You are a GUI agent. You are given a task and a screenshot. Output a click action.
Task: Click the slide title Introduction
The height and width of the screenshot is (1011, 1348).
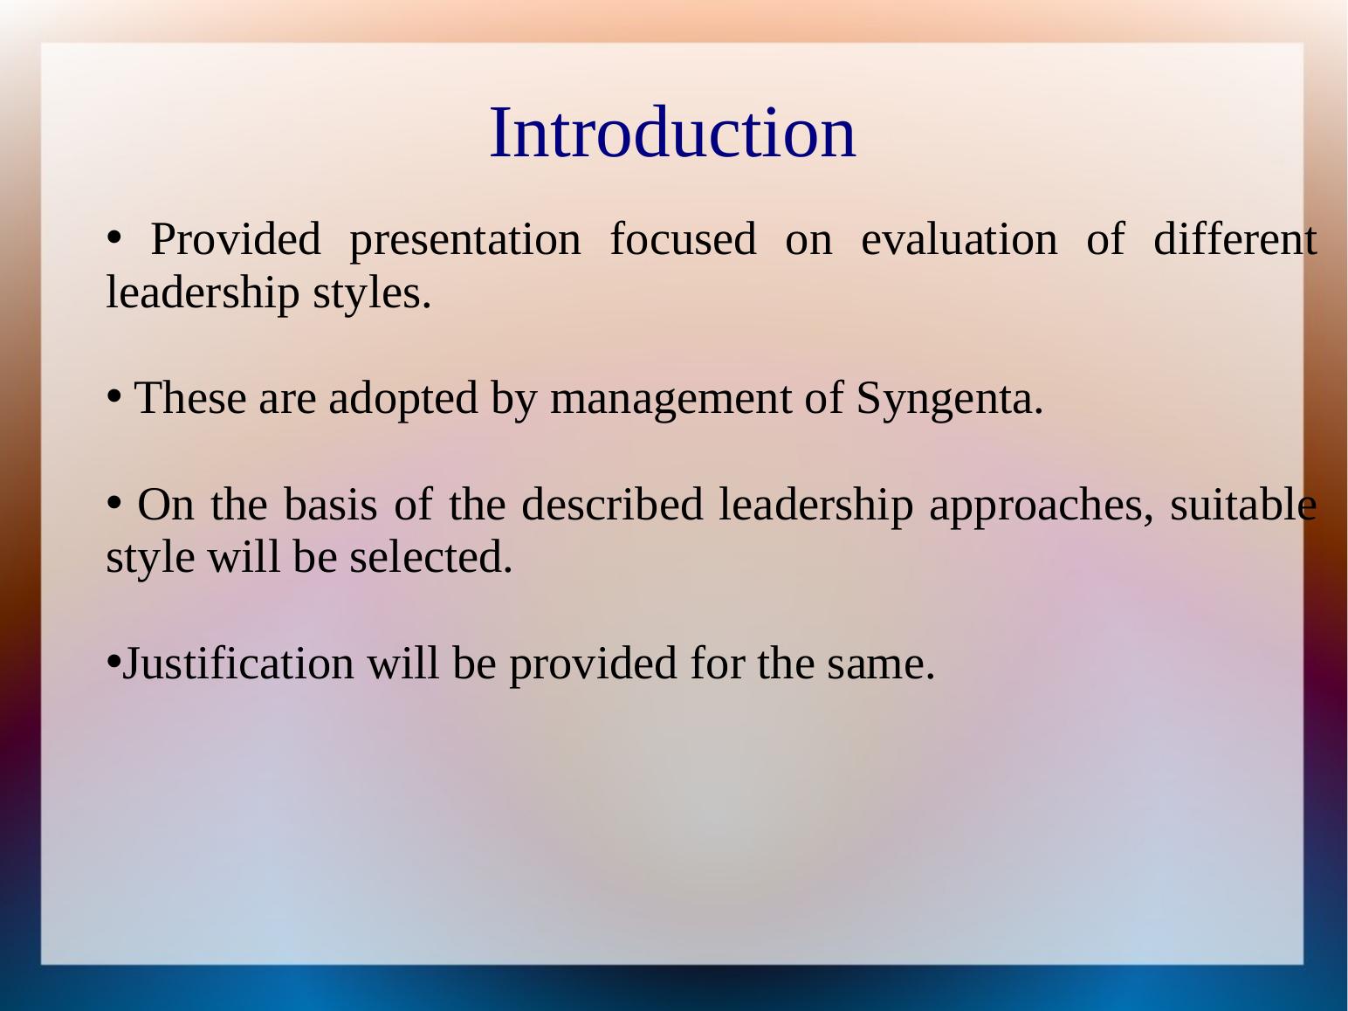(x=672, y=133)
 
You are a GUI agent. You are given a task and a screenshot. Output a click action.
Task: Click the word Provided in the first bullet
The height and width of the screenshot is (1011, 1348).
(x=236, y=239)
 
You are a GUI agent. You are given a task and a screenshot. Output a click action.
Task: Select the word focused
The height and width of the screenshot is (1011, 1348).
(x=683, y=238)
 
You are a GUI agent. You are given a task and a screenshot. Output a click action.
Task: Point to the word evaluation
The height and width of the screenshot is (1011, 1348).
(x=959, y=239)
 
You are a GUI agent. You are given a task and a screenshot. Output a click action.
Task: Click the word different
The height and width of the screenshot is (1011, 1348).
(x=1235, y=238)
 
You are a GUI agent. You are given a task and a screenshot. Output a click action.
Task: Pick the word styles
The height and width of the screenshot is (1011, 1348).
(x=372, y=294)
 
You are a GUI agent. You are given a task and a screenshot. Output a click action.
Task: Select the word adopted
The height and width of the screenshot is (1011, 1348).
(x=402, y=399)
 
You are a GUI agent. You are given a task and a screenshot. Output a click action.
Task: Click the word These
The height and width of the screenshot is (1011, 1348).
(x=190, y=398)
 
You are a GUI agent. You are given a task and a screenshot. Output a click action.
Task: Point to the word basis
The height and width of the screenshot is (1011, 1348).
(x=330, y=504)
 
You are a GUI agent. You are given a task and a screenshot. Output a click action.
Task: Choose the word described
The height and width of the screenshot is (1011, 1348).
(x=612, y=504)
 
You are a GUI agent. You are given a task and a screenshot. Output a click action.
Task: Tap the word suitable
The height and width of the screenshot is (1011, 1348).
(x=1243, y=504)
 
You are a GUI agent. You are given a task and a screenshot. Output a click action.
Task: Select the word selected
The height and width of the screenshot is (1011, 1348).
(x=430, y=557)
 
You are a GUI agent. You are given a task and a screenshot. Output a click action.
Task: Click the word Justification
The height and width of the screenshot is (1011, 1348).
(x=238, y=663)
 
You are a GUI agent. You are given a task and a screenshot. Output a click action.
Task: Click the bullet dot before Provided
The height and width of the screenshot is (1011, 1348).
(x=113, y=237)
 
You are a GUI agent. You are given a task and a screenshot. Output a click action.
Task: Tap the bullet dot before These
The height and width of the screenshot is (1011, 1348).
(x=113, y=395)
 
